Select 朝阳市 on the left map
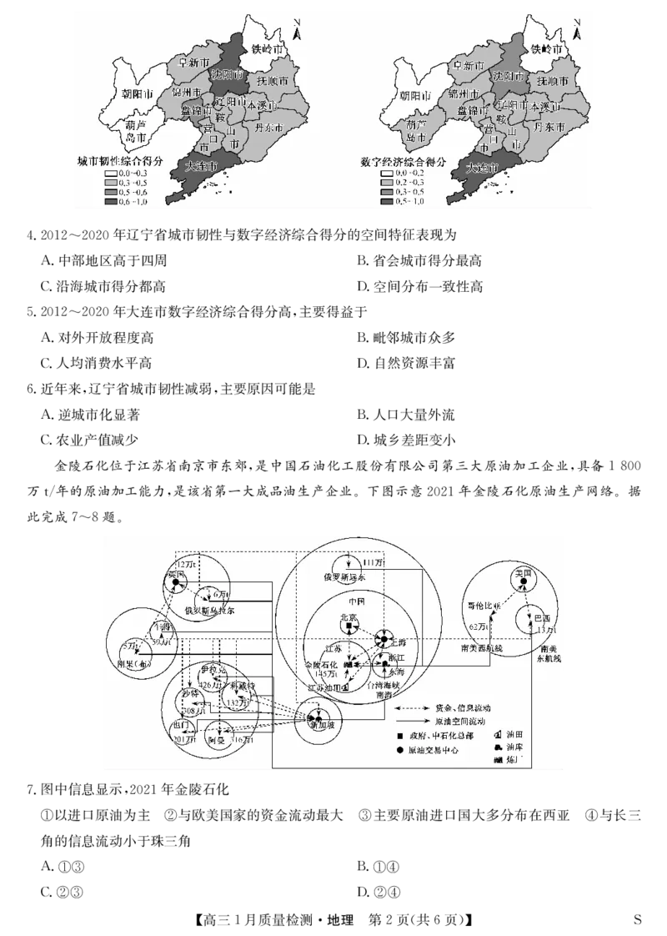135,95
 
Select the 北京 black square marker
348,628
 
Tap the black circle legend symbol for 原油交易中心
400,749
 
